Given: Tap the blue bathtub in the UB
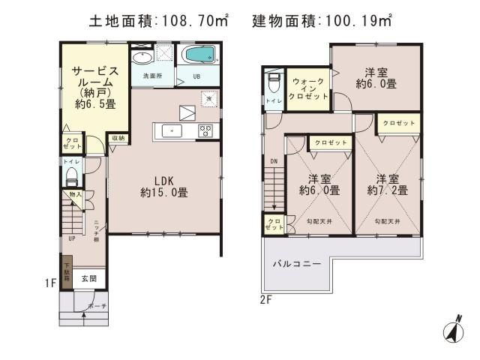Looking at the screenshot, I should [199, 55].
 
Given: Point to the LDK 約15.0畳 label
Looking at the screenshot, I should [163, 186].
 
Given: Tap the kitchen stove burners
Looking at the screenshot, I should [205, 130].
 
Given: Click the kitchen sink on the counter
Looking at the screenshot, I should [172, 130].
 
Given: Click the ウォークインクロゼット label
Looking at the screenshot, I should [307, 90].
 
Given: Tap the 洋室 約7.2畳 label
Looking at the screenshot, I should [387, 184].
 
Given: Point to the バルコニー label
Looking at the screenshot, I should [297, 265].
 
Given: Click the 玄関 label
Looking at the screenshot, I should [88, 279].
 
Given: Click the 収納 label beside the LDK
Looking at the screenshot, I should [118, 138].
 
